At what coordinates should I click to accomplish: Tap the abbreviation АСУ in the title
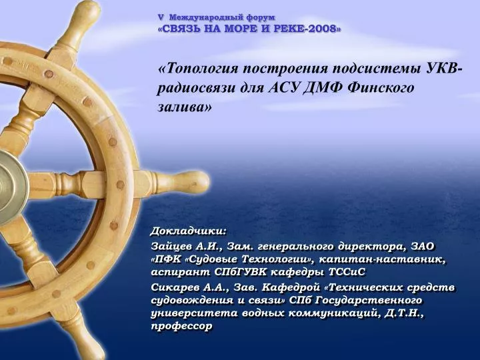pos(286,87)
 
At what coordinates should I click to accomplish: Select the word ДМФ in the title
pos(327,87)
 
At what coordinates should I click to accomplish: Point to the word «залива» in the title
pos(184,107)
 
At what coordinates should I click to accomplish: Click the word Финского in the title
pos(381,87)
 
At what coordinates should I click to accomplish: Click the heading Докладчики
pos(189,231)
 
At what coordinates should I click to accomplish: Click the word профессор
pos(181,326)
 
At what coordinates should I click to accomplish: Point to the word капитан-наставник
pos(383,259)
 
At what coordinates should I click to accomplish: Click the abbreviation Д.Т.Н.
pos(403,313)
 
